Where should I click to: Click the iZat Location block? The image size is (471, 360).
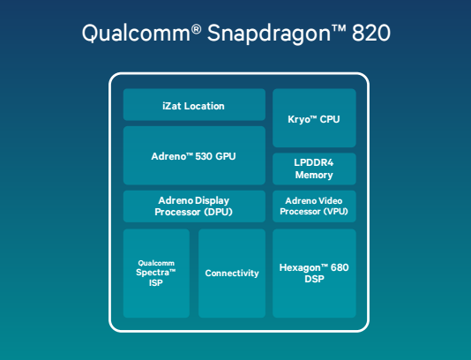(193, 105)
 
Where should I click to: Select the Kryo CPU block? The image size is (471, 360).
(314, 118)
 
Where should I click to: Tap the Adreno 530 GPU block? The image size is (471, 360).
(193, 156)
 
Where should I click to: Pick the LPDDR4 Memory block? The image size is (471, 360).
(314, 169)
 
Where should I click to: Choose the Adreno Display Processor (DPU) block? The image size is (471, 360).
(193, 206)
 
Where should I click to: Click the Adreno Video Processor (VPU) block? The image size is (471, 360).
(314, 206)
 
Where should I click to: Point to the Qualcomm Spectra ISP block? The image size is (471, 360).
(156, 273)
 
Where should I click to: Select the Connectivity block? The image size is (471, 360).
(232, 273)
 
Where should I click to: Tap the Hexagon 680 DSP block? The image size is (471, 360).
(314, 273)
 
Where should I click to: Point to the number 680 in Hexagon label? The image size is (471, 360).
(339, 266)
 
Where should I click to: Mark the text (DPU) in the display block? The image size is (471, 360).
(217, 213)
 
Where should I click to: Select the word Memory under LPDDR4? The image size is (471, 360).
(314, 176)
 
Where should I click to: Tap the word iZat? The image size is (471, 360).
(173, 106)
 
